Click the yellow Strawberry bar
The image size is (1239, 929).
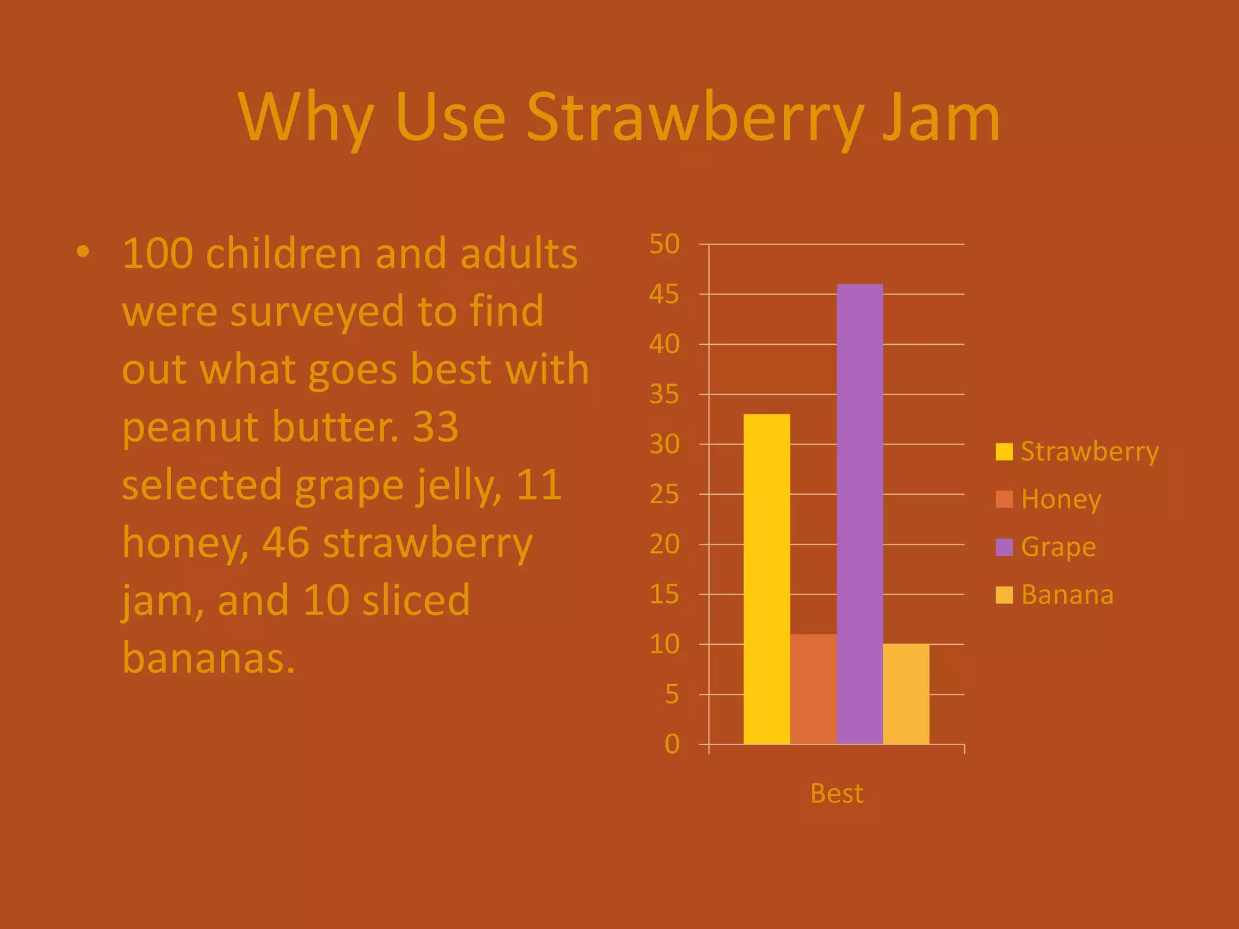click(x=767, y=579)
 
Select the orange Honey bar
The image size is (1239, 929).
click(x=813, y=689)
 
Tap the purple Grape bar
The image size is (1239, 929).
click(x=860, y=514)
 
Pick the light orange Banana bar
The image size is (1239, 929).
click(x=906, y=694)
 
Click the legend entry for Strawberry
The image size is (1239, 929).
click(x=1077, y=452)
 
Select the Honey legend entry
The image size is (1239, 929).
click(x=1048, y=500)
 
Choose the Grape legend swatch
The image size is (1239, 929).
click(x=1004, y=547)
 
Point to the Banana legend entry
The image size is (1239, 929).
click(x=1054, y=595)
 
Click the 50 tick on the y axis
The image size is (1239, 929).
click(x=664, y=244)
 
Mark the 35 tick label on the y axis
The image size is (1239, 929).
click(x=664, y=394)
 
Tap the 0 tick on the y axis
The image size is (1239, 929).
click(x=672, y=744)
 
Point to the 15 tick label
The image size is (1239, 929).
click(x=664, y=595)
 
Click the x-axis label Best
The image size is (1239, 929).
click(x=836, y=793)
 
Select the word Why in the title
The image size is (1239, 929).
click(x=306, y=117)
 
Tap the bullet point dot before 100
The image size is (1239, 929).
click(x=83, y=252)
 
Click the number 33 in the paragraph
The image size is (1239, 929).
click(x=435, y=426)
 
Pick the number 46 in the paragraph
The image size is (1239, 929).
click(x=286, y=543)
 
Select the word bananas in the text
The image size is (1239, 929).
click(x=208, y=658)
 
